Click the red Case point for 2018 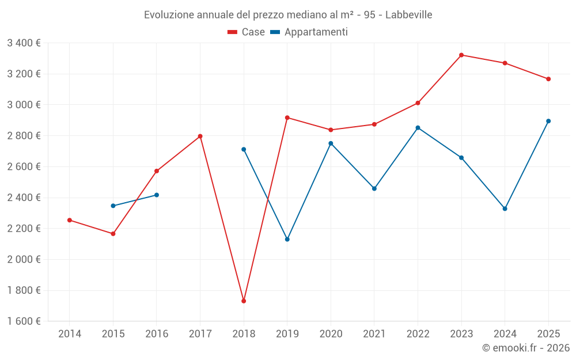244,301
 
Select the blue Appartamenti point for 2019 287,239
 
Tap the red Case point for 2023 461,55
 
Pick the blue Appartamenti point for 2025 548,121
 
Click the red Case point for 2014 70,220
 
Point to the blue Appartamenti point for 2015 113,206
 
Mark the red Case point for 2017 200,136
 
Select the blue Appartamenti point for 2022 418,127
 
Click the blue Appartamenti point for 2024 505,209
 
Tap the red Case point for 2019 287,118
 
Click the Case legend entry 247,32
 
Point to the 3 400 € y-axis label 24,43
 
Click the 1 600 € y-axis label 24,321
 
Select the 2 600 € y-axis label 24,166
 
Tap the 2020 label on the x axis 331,334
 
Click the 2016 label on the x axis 157,334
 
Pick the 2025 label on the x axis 548,334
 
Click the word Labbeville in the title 408,14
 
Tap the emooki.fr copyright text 526,348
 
